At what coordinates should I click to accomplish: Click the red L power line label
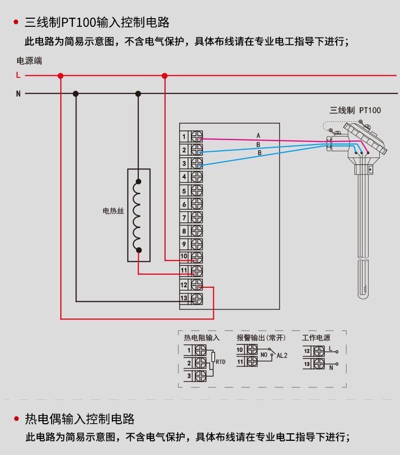(x=18, y=75)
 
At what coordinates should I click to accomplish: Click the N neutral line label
(x=18, y=94)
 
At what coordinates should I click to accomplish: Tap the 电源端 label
(x=29, y=61)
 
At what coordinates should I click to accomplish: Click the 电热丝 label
(x=113, y=211)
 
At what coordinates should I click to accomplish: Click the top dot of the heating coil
(x=139, y=181)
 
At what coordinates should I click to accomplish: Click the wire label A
(x=258, y=135)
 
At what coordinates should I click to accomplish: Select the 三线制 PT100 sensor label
(x=355, y=110)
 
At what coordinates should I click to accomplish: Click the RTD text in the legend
(x=221, y=362)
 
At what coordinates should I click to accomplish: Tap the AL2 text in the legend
(x=282, y=355)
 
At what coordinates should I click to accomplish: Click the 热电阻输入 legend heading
(x=202, y=338)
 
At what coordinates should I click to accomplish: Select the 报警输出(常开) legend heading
(x=261, y=338)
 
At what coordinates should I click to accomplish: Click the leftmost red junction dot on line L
(x=61, y=76)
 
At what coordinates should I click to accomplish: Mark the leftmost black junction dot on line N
(x=76, y=94)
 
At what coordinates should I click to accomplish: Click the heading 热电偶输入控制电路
(x=80, y=419)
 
